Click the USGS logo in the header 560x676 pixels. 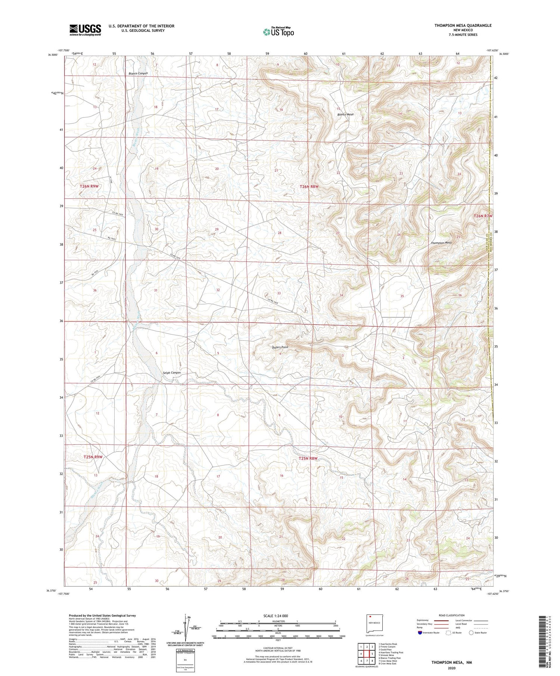click(x=85, y=30)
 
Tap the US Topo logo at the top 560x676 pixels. click(x=278, y=32)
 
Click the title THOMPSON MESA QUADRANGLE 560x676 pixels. click(x=463, y=25)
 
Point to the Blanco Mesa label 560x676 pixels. click(x=345, y=114)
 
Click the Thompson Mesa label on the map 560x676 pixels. click(x=441, y=243)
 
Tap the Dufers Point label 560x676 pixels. click(x=280, y=347)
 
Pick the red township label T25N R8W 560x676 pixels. click(x=308, y=458)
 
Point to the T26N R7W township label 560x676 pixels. click(x=483, y=216)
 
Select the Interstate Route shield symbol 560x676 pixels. click(x=420, y=633)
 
